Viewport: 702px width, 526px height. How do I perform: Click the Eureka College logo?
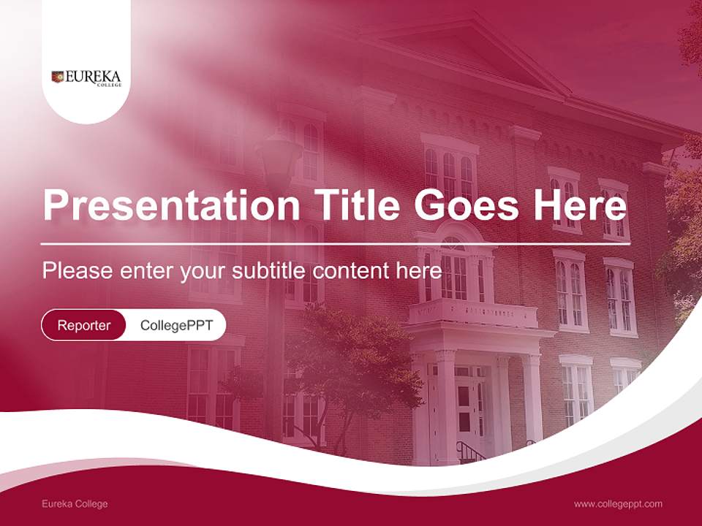click(x=86, y=77)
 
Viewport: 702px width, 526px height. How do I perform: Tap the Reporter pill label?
click(x=84, y=325)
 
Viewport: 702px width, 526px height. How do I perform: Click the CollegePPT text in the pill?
click(x=176, y=325)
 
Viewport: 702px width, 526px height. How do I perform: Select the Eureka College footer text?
click(x=75, y=504)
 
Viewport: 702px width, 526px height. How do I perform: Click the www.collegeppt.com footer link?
click(x=618, y=504)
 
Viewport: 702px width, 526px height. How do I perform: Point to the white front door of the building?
click(x=465, y=408)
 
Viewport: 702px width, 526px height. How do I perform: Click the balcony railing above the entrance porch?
click(x=472, y=313)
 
